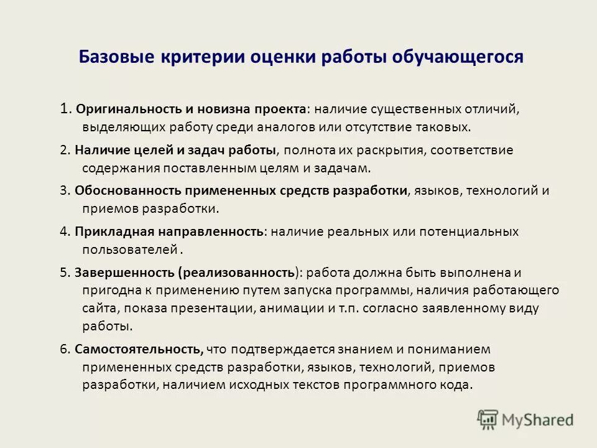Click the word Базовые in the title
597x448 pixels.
point(116,58)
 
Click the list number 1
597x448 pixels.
point(65,109)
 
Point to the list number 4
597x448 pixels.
point(64,231)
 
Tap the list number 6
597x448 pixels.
point(64,349)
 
